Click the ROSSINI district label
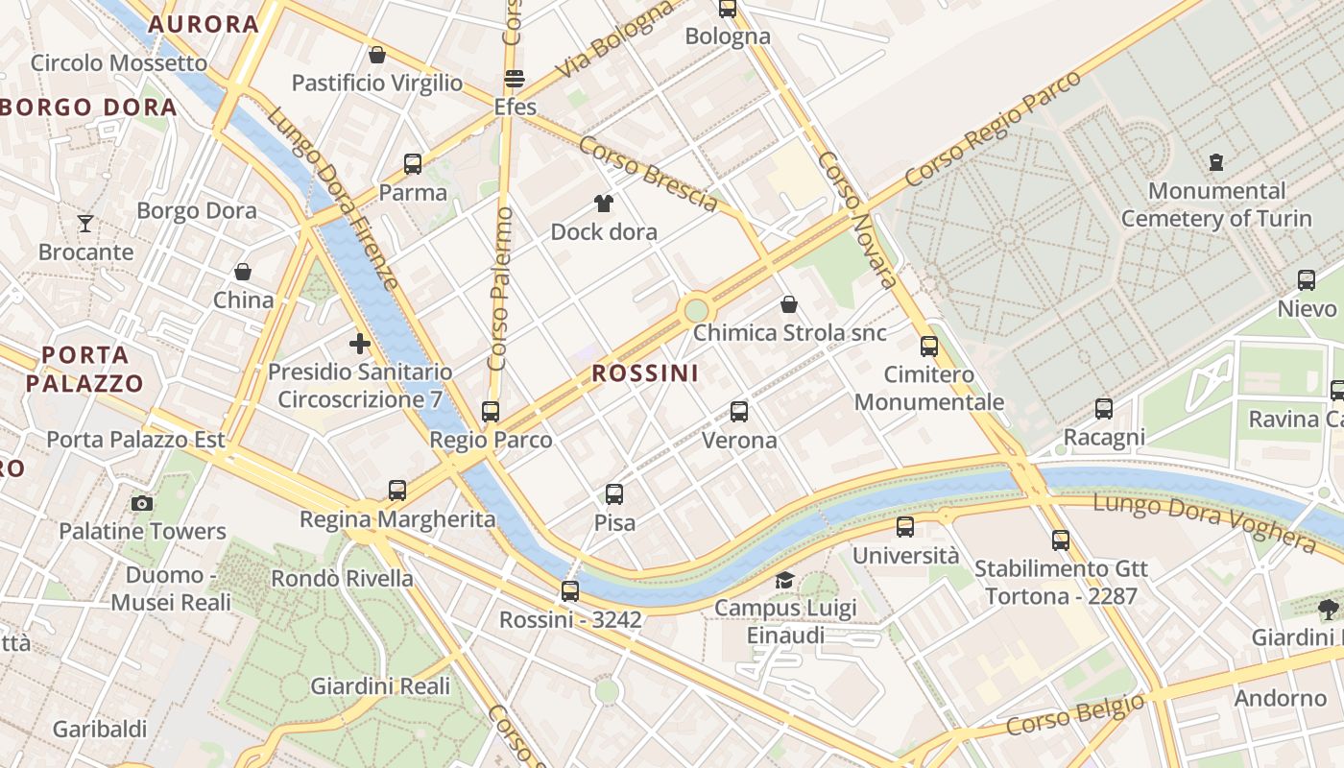(645, 373)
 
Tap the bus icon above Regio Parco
(491, 412)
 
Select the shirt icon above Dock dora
(604, 204)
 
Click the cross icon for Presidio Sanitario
(360, 344)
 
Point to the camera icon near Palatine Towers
(142, 503)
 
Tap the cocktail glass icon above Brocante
(85, 224)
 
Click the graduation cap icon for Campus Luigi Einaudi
(785, 580)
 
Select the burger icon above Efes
(515, 79)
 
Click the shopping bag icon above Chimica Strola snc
(789, 304)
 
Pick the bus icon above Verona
(739, 412)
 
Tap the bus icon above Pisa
(614, 494)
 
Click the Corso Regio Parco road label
(993, 129)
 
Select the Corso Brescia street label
(648, 173)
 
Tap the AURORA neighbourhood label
(204, 24)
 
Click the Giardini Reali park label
(380, 686)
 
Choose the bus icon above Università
(905, 527)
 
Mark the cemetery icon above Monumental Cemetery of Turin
(1217, 161)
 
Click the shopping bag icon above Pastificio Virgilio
(377, 55)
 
